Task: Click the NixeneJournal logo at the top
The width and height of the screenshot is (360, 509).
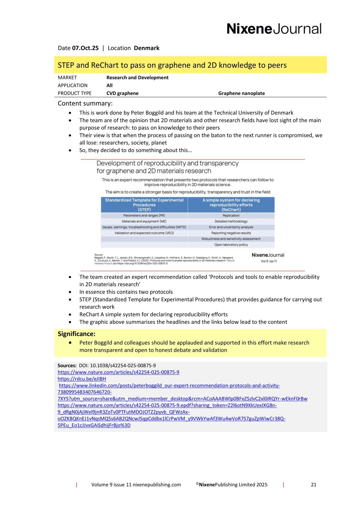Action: pyautogui.click(x=274, y=29)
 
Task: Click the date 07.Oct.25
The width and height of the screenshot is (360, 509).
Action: pyautogui.click(x=85, y=48)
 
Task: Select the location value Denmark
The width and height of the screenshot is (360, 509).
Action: pyautogui.click(x=146, y=48)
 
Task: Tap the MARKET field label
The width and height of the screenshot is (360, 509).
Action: pyautogui.click(x=67, y=78)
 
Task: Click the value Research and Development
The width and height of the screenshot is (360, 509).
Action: pyautogui.click(x=137, y=78)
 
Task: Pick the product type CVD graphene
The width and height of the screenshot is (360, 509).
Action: pyautogui.click(x=123, y=93)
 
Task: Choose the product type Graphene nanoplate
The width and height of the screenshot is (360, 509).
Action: pyautogui.click(x=241, y=93)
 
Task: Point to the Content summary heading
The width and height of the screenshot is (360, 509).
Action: pyautogui.click(x=85, y=103)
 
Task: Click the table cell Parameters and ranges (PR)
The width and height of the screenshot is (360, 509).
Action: pyautogui.click(x=144, y=216)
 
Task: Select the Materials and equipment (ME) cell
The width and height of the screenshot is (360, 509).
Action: pyautogui.click(x=144, y=221)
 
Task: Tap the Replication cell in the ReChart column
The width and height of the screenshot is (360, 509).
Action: pyautogui.click(x=231, y=216)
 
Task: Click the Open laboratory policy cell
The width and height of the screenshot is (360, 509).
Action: pyautogui.click(x=231, y=245)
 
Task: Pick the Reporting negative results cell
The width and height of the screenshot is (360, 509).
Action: pyautogui.click(x=231, y=233)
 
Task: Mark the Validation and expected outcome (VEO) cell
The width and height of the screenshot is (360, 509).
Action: pyautogui.click(x=144, y=233)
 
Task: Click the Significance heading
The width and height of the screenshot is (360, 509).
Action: pyautogui.click(x=77, y=334)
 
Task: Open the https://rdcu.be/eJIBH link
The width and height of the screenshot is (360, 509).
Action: pyautogui.click(x=82, y=379)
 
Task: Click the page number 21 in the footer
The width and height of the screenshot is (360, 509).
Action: pyautogui.click(x=314, y=485)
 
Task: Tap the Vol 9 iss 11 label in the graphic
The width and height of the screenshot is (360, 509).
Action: pyautogui.click(x=269, y=261)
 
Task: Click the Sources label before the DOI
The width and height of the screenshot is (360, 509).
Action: pyautogui.click(x=67, y=365)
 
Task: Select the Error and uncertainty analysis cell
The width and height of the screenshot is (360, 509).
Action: pyautogui.click(x=231, y=227)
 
